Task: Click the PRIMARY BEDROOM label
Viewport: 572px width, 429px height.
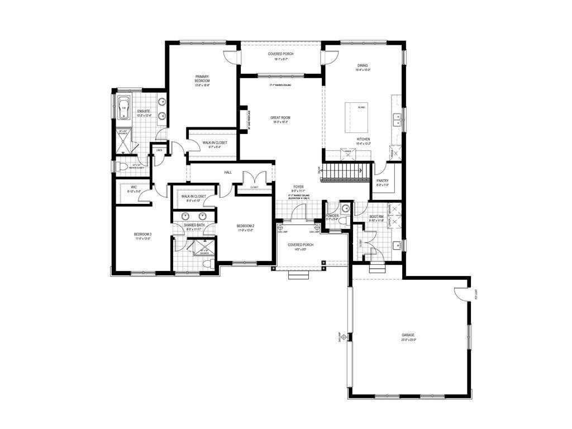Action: [202, 79]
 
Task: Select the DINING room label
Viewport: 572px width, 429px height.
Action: [363, 65]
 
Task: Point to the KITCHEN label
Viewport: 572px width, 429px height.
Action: [363, 139]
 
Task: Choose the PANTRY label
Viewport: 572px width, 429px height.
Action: [382, 181]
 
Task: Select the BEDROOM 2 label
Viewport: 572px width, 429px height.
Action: [245, 226]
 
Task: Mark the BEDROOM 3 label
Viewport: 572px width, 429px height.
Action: [142, 234]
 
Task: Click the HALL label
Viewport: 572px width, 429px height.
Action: [228, 172]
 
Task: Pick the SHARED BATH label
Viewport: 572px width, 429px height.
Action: [196, 226]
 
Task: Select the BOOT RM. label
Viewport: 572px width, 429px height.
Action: [376, 217]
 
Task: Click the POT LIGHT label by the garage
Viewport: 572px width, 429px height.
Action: [476, 294]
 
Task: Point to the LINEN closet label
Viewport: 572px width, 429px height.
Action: [159, 150]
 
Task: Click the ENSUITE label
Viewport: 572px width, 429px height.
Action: [144, 111]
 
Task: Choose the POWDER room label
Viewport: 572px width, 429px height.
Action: [333, 216]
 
